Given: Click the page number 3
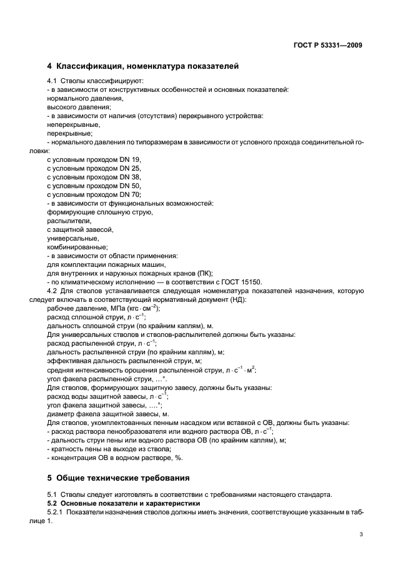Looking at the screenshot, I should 361,534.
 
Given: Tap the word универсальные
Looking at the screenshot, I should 72,239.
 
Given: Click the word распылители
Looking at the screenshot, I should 69,221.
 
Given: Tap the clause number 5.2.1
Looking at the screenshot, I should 56,512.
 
